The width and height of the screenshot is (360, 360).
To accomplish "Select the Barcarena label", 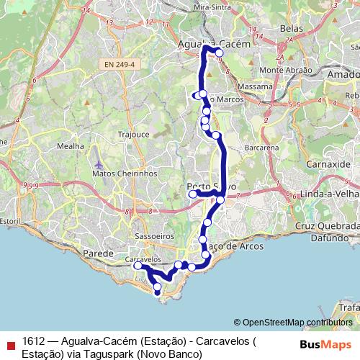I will tap(261, 147).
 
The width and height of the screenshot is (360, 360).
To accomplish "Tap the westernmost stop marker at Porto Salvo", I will tap(192, 194).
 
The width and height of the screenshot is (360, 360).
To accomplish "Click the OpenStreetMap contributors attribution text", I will tap(297, 323).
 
